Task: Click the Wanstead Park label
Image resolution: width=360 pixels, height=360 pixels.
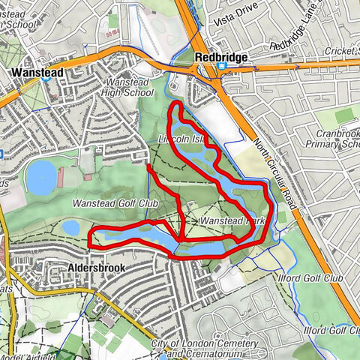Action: point(234,221)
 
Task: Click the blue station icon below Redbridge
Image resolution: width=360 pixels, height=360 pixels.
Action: point(222,66)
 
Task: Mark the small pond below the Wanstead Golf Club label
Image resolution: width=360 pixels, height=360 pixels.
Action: point(70,226)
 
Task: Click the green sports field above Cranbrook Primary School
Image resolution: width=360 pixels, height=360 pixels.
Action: point(344,116)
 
